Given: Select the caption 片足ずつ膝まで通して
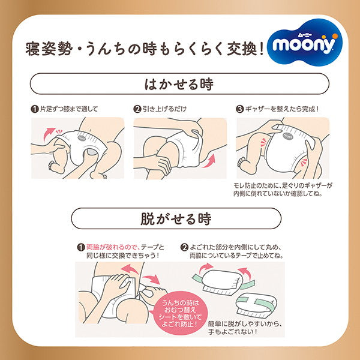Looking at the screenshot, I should [x=68, y=110].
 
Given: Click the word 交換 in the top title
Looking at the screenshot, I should [x=236, y=48].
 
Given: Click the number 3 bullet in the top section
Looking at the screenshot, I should [x=239, y=110].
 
